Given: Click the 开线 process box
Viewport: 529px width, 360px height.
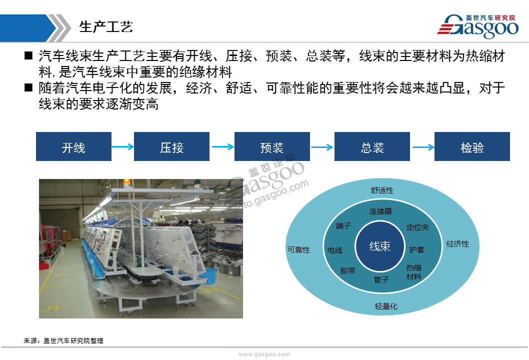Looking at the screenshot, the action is pyautogui.click(x=73, y=146).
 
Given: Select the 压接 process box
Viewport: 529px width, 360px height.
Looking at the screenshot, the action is pyautogui.click(x=171, y=146).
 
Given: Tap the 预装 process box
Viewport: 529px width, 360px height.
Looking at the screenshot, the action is pyautogui.click(x=272, y=146).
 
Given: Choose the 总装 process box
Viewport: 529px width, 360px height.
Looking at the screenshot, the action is pyautogui.click(x=372, y=146).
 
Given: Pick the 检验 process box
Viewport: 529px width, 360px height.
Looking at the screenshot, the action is pyautogui.click(x=472, y=146).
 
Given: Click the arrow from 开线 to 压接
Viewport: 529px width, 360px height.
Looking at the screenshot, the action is pyautogui.click(x=123, y=147).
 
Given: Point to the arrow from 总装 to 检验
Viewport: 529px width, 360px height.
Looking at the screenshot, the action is pyautogui.click(x=423, y=147).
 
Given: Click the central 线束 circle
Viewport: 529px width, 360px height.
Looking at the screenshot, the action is pyautogui.click(x=380, y=246).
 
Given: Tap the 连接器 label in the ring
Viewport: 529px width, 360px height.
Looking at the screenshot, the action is pyautogui.click(x=380, y=211).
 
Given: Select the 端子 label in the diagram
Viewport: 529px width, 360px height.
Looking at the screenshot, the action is pyautogui.click(x=343, y=225).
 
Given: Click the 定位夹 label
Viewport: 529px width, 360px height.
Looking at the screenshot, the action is pyautogui.click(x=417, y=227).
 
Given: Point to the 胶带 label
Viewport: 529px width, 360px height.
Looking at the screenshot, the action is pyautogui.click(x=348, y=270).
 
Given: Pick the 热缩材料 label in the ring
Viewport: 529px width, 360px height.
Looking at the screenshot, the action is pyautogui.click(x=414, y=272).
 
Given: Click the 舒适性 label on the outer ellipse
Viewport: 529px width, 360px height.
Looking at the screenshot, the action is pyautogui.click(x=382, y=190).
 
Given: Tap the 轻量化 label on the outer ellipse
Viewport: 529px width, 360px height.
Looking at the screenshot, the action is pyautogui.click(x=386, y=306).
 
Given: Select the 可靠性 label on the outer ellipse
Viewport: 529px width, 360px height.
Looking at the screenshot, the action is pyautogui.click(x=298, y=249).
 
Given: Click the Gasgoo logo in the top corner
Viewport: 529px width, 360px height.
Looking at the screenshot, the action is pyautogui.click(x=477, y=26).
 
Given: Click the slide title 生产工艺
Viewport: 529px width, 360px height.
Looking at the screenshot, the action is pyautogui.click(x=106, y=27).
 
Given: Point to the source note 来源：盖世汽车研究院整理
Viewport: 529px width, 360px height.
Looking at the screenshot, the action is pyautogui.click(x=63, y=341).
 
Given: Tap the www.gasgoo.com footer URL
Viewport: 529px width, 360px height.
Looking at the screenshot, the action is pyautogui.click(x=264, y=354).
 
